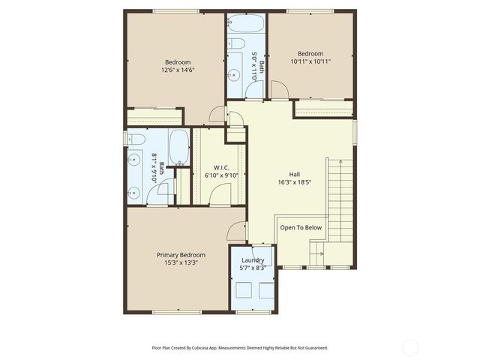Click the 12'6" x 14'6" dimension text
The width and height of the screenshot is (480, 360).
tap(178, 70)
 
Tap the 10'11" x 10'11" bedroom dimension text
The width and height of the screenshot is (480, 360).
tap(310, 61)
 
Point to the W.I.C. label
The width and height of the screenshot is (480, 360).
tap(221, 167)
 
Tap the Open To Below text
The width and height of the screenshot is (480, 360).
tap(301, 227)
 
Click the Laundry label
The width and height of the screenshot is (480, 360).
tap(253, 259)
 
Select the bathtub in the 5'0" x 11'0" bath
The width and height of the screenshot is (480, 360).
tap(246, 22)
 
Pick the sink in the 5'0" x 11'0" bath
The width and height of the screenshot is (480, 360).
tap(234, 74)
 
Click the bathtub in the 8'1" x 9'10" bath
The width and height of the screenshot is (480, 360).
tap(178, 147)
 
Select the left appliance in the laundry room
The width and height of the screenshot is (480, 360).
tap(243, 290)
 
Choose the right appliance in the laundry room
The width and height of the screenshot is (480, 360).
tap(266, 290)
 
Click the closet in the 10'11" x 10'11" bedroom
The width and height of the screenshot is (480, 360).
tap(323, 109)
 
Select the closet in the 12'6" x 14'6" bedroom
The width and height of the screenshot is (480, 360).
tap(154, 117)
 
